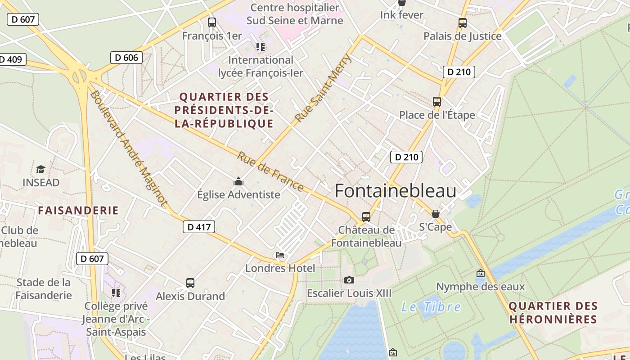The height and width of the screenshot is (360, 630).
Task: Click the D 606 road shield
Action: point(126,58)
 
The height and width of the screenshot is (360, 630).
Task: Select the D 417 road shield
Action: point(199,227)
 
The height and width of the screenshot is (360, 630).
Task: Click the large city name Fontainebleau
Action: point(396,191)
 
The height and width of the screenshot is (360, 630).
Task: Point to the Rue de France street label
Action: point(270,171)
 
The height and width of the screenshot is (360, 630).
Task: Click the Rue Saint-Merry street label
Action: point(323,88)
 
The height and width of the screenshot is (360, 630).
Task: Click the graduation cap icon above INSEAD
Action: point(41,170)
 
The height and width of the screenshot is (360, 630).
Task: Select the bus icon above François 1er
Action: point(212,22)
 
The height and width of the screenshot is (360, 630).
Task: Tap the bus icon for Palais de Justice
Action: point(463,23)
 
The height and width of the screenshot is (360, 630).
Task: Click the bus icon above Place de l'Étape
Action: point(437,102)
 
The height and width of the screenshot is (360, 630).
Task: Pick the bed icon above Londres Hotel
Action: point(280,255)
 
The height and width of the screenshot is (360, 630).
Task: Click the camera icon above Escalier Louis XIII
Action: point(349,280)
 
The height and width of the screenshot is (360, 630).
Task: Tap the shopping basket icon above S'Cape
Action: point(435,214)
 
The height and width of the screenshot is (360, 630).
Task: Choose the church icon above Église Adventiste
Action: point(238,181)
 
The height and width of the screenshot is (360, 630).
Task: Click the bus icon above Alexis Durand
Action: point(190,283)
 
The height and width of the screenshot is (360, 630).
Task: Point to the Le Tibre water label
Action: point(431,307)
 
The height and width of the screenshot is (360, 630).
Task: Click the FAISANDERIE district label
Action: point(78,210)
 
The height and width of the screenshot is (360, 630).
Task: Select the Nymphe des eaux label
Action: point(481,287)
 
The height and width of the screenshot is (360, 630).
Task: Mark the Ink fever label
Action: point(402,15)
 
